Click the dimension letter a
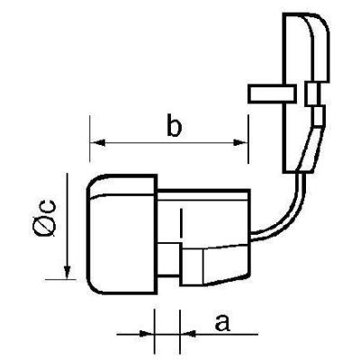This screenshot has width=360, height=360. [x=222, y=322]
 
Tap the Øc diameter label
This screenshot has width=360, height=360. [x=45, y=218]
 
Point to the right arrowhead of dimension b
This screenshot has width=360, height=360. [x=241, y=142]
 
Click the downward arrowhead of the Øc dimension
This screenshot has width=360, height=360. [x=67, y=272]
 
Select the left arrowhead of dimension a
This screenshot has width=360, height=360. [x=147, y=333]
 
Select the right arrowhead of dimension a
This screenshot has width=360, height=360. [x=188, y=333]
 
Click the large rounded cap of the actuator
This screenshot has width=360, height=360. [x=121, y=234]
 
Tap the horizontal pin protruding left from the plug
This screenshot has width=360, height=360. [x=272, y=94]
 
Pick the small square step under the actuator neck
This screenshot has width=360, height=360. [x=169, y=259]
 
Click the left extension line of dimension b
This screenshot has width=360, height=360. [x=90, y=139]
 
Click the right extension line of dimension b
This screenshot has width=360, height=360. [x=248, y=139]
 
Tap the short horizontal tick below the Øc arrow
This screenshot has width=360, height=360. [x=60, y=280]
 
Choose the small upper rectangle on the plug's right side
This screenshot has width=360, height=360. [x=311, y=94]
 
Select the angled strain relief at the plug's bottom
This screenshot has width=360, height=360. [x=309, y=149]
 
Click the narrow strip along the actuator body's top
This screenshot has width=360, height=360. [x=203, y=194]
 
